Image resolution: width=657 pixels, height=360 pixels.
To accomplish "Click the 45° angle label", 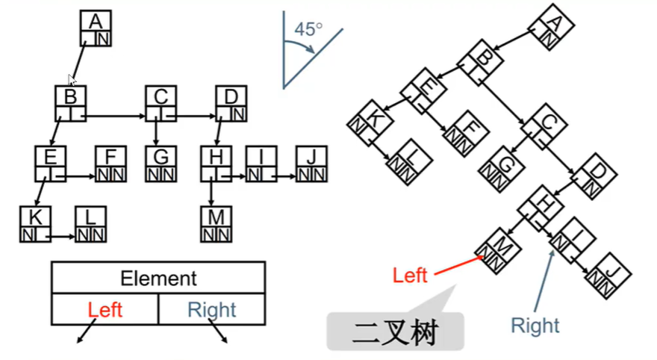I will click(308, 30).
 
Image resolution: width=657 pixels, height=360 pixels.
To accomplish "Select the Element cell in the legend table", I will click(158, 279).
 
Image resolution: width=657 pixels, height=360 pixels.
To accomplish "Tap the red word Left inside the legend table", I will click(105, 309).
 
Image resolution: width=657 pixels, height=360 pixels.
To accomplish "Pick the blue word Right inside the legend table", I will click(212, 309).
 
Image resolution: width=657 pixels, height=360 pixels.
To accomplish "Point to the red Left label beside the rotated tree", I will click(410, 275).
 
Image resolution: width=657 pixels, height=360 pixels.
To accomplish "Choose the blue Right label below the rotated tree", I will click(535, 325).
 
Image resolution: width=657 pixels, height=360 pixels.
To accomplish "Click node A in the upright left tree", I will click(96, 28).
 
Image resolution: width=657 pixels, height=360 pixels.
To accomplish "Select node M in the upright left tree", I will click(217, 224).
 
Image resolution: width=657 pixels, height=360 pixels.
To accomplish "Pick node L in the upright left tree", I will click(90, 224).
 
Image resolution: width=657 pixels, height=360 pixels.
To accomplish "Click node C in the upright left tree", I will click(161, 103).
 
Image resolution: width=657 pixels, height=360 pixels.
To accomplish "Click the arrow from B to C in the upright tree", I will click(116, 117).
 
